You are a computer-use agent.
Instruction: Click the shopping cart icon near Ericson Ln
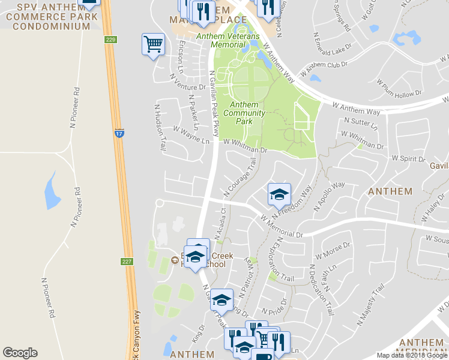pos(153,44)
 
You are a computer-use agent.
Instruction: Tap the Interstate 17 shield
pos(119,132)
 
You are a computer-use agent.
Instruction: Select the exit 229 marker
pos(110,40)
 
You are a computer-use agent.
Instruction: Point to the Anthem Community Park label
pos(244,113)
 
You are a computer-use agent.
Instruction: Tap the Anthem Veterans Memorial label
pos(228,40)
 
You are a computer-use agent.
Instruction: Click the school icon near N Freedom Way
pos(279,194)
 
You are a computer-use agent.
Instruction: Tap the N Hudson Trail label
pos(160,127)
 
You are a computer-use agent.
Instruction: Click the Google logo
pos(20,353)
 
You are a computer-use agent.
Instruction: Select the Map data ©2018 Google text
pos(412,355)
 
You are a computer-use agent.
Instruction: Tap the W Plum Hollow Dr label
pos(399,88)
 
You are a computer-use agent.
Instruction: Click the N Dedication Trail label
pos(321,290)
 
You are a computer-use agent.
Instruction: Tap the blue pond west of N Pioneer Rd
pos(52,191)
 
